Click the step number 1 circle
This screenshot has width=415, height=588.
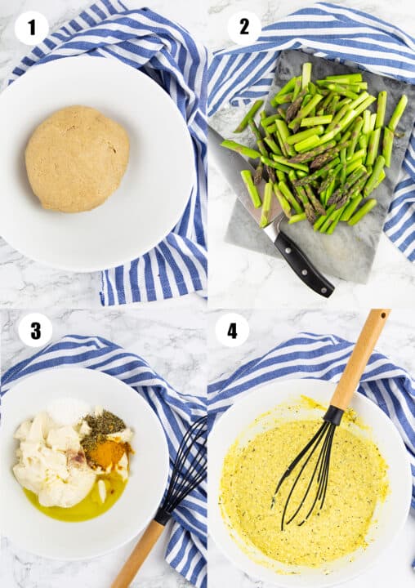coord(32,28)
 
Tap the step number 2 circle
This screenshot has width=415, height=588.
coord(244,28)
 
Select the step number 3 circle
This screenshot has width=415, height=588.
coord(35,331)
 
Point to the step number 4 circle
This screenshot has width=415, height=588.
coord(232,331)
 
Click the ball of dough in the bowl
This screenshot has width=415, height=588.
coord(78,159)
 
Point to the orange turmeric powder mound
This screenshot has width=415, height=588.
coord(109,453)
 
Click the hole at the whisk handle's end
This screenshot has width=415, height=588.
coord(383,313)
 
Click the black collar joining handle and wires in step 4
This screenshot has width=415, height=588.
coord(333,414)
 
